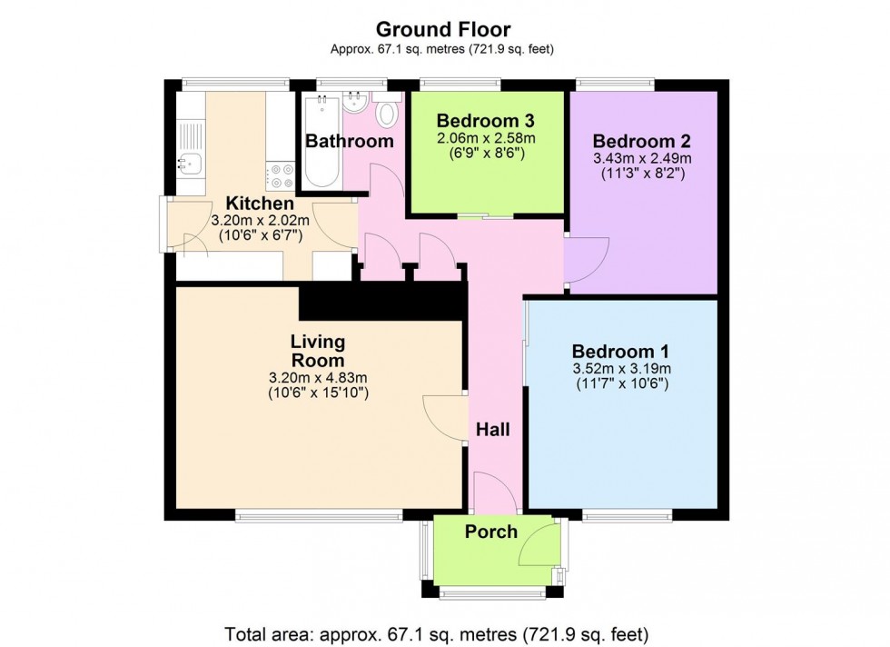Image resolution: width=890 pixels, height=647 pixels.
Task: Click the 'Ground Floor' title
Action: click(444, 30)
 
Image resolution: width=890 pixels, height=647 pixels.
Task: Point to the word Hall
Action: click(493, 430)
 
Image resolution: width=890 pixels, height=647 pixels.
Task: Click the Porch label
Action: click(491, 532)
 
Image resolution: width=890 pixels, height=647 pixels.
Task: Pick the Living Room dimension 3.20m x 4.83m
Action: click(318, 378)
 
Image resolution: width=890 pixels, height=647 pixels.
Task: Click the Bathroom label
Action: click(349, 141)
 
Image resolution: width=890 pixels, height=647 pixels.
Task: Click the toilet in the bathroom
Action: click(388, 114)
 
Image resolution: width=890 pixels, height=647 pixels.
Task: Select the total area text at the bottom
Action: click(444, 632)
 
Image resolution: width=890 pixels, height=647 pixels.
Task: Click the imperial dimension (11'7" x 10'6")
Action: click(621, 384)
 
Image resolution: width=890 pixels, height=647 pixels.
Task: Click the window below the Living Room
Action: click(318, 516)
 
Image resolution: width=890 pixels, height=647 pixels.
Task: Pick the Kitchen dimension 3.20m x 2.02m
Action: click(260, 221)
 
